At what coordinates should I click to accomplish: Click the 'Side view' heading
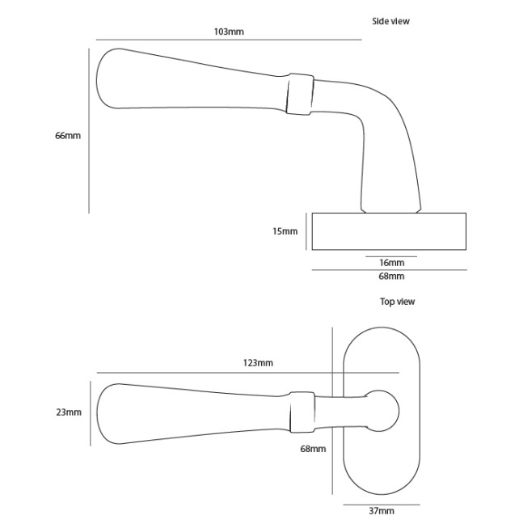(x=390, y=21)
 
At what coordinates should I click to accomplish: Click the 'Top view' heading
(x=397, y=302)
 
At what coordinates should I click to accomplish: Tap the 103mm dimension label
(x=229, y=32)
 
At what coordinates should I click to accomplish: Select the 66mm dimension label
(x=68, y=136)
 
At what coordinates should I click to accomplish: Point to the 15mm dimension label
(x=285, y=231)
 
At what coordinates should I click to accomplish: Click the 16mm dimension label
(x=391, y=263)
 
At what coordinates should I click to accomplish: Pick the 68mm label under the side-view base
(x=391, y=277)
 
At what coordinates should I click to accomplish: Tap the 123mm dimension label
(x=258, y=363)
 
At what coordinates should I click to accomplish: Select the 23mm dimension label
(x=69, y=412)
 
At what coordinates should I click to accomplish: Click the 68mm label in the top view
(x=313, y=448)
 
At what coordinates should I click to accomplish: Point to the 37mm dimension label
(x=381, y=511)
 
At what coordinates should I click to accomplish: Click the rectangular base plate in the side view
(x=389, y=231)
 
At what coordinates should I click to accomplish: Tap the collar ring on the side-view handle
(x=298, y=94)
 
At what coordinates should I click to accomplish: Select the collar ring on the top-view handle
(x=302, y=411)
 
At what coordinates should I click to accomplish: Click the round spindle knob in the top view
(x=382, y=409)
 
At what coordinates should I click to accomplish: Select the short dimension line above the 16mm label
(x=391, y=256)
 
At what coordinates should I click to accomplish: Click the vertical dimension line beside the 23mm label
(x=90, y=412)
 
